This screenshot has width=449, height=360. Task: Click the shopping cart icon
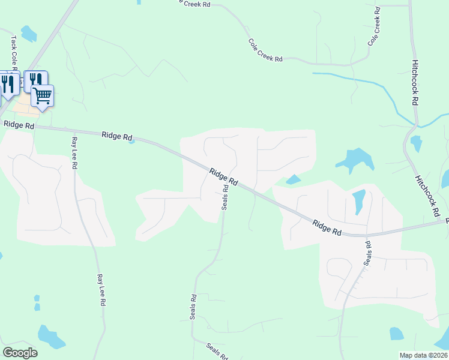43,95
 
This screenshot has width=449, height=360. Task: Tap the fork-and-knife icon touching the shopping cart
36,79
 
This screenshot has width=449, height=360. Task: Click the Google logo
20,352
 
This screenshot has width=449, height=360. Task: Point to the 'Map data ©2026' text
423,355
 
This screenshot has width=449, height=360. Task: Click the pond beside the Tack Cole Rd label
28,34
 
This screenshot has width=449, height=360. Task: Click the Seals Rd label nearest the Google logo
193,307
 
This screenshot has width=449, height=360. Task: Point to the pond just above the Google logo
51,337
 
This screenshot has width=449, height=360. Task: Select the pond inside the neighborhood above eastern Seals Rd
359,201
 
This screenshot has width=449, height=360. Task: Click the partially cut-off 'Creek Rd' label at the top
195,3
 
